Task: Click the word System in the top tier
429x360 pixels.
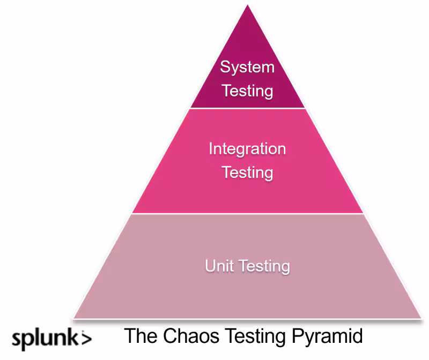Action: (x=247, y=67)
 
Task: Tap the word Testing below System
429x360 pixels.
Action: (x=247, y=90)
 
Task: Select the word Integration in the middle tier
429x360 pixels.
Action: (x=247, y=148)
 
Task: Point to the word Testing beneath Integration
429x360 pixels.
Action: (x=247, y=172)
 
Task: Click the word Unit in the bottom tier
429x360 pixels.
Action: (x=220, y=266)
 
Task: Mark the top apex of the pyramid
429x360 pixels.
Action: (x=248, y=6)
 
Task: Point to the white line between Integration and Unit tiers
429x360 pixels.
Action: (x=248, y=214)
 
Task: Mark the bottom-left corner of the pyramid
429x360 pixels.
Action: (x=74, y=318)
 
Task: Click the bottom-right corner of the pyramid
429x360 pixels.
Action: (x=421, y=318)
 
